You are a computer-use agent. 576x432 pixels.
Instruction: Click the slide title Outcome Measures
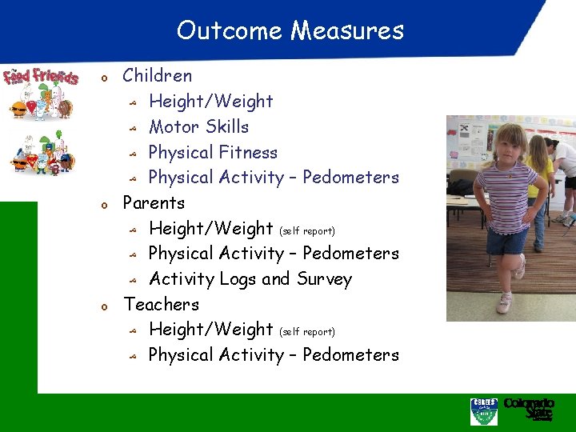[x=290, y=30]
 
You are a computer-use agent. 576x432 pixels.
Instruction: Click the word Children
[x=157, y=76]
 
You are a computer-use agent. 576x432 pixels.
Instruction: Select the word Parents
[x=154, y=202]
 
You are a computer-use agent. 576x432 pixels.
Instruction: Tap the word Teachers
[x=161, y=304]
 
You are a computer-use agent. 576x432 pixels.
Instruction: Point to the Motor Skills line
[x=198, y=126]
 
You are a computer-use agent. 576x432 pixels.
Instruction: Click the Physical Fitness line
[x=213, y=152]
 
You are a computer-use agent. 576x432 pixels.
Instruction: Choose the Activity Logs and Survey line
[x=250, y=278]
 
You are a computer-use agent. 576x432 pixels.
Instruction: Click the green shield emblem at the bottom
[x=483, y=410]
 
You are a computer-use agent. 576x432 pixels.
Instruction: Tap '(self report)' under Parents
[x=306, y=230]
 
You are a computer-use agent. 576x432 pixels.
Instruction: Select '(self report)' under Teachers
[x=306, y=331]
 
